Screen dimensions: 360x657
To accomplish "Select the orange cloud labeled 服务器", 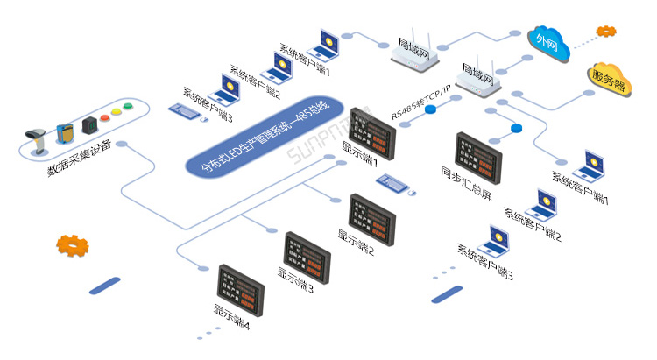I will [609, 81].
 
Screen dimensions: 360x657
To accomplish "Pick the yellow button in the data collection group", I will [117, 112].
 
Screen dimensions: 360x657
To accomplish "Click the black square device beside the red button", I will [88, 125].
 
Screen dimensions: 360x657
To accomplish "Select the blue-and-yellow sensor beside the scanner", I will [65, 133].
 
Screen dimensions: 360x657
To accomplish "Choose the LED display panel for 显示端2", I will [372, 217].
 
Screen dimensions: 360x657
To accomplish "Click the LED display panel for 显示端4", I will [241, 286].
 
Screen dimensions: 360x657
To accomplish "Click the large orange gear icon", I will [71, 245].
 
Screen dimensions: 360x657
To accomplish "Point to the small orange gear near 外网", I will [606, 32].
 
